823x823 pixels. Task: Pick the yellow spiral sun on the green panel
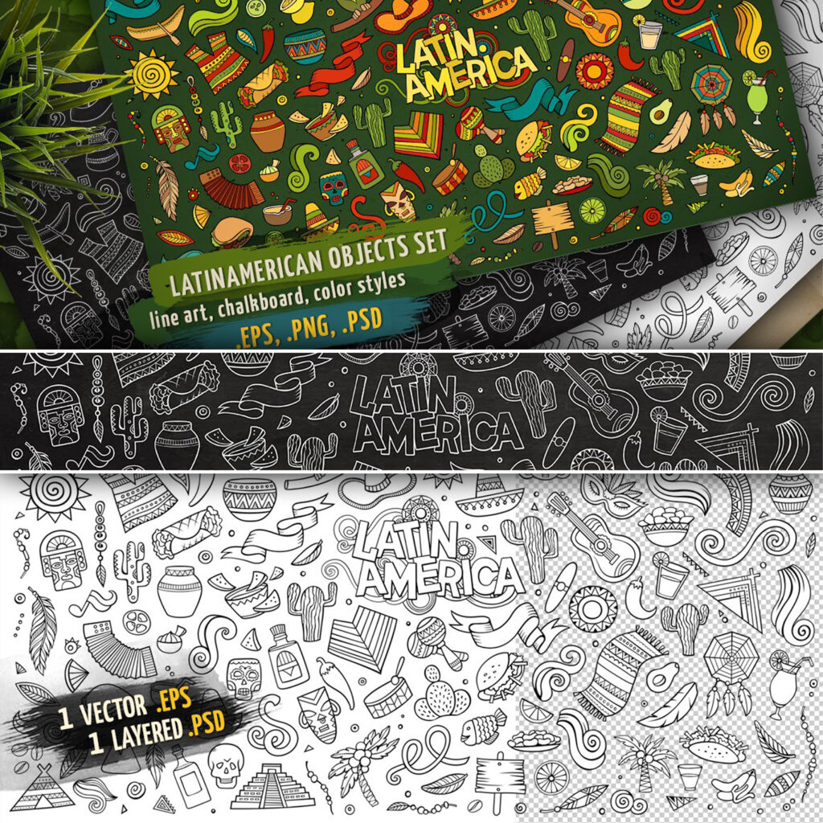click(x=151, y=73)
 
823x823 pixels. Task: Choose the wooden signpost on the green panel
click(x=553, y=217)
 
